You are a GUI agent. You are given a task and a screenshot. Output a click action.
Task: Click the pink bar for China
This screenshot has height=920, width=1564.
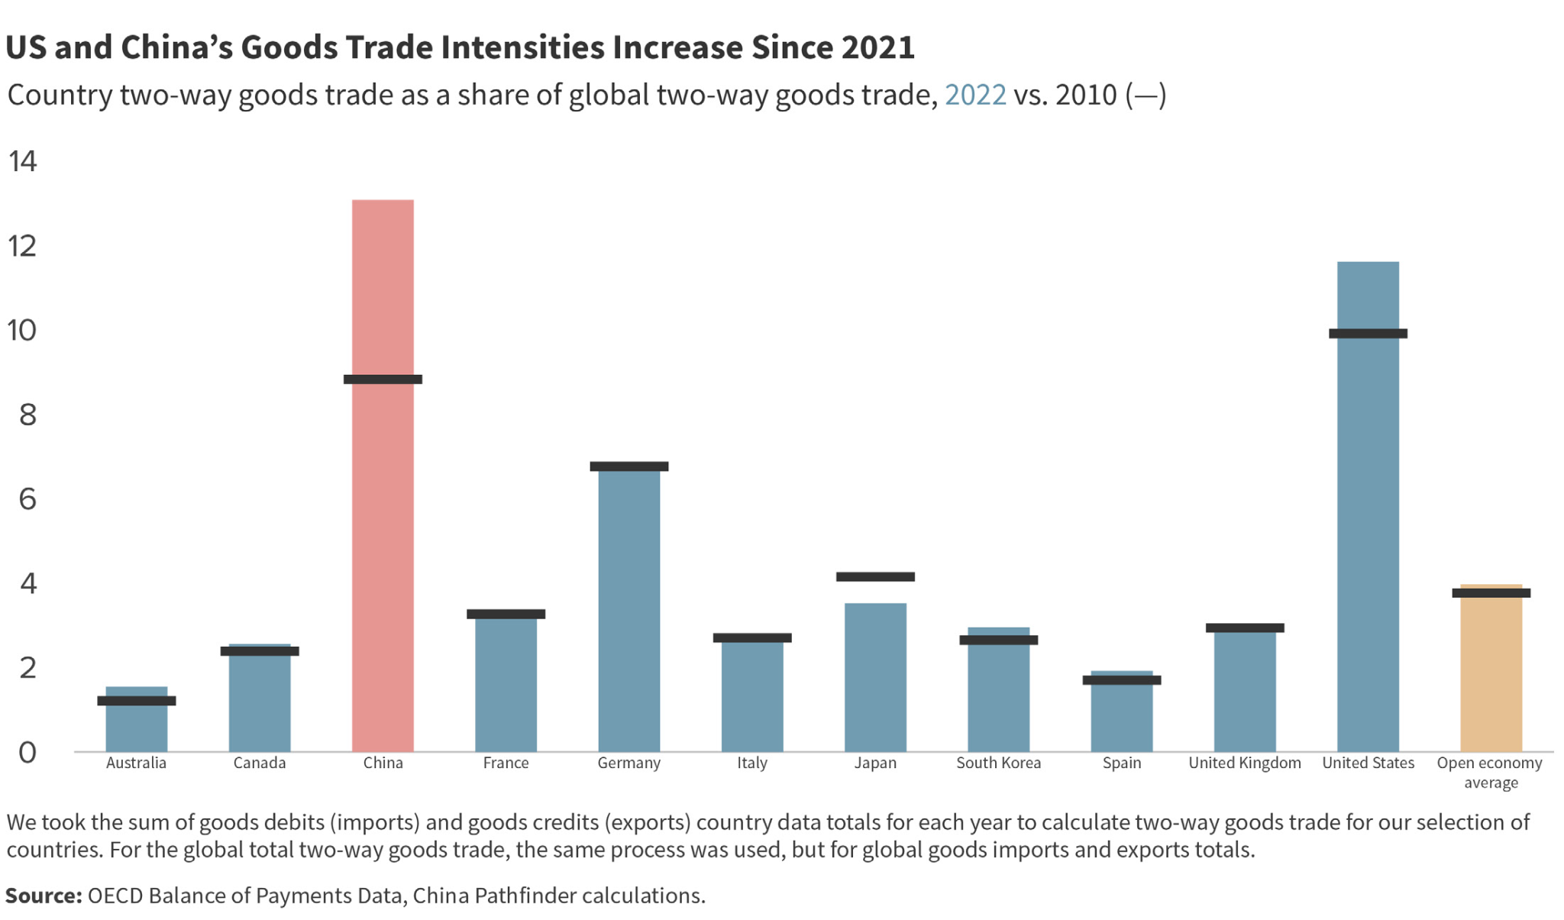[x=383, y=534]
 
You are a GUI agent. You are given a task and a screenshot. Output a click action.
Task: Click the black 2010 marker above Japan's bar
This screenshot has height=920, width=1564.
[x=875, y=576]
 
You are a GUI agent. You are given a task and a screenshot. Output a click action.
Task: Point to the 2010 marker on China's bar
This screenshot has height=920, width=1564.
[x=383, y=379]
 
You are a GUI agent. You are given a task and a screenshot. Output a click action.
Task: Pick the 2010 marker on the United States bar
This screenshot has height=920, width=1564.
[x=1368, y=334]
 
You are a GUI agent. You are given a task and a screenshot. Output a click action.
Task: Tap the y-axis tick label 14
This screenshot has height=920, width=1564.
[x=22, y=161]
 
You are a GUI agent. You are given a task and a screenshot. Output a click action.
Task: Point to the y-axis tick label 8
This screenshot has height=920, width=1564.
[x=27, y=415]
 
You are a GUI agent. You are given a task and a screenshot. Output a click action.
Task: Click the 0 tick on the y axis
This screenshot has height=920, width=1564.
[x=27, y=753]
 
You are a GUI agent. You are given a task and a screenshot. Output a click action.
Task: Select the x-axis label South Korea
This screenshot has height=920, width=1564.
[x=998, y=763]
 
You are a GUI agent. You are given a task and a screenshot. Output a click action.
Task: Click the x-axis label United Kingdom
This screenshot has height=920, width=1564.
[x=1244, y=763]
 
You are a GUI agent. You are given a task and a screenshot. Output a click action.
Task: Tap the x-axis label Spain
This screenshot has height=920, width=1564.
[x=1121, y=763]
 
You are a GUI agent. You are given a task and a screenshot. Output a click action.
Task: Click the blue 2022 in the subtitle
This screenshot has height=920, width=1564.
[x=975, y=95]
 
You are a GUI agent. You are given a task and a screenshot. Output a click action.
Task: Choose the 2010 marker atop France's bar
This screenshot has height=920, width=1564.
[x=506, y=614]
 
